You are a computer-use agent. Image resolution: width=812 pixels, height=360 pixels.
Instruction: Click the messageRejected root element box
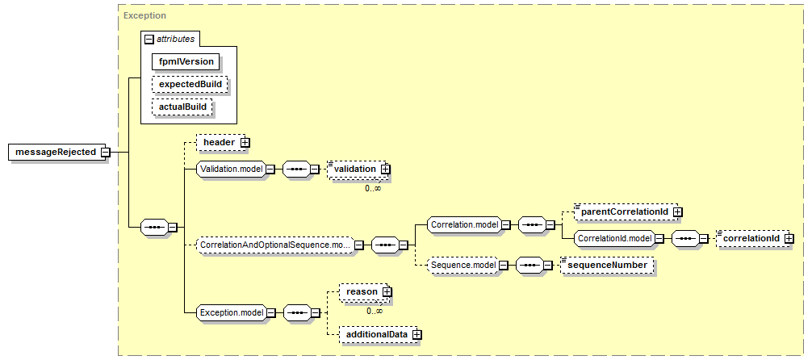pos(56,153)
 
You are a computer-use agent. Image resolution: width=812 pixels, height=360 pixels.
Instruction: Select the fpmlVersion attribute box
pos(186,61)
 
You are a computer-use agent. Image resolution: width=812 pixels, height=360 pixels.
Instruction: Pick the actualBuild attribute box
pos(182,107)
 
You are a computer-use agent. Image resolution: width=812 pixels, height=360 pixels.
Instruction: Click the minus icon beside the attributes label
pos(149,39)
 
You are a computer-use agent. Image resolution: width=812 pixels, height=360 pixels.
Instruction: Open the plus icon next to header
pos(245,142)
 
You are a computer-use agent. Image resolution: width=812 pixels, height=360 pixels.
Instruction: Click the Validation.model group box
pos(232,169)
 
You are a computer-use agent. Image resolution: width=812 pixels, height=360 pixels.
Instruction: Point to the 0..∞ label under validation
pos(373,189)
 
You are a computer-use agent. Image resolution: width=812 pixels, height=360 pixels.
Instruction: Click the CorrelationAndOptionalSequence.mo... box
pos(276,244)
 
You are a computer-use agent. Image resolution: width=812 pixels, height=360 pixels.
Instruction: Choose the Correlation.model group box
pos(463,225)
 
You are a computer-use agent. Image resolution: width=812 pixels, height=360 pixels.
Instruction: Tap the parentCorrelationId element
pos(626,211)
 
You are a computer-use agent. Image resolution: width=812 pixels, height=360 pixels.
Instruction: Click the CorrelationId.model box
pos(613,238)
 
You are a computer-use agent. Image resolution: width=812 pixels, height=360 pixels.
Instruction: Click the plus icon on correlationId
pos(789,238)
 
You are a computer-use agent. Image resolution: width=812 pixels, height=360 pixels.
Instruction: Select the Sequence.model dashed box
pos(462,266)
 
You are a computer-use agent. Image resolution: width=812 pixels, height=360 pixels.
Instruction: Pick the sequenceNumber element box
pos(607,266)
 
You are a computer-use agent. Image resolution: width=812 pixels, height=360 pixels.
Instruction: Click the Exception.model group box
pos(232,312)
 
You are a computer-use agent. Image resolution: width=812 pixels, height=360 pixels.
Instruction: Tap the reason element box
pos(362,292)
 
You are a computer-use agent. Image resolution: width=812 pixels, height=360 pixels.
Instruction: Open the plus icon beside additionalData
pos(416,335)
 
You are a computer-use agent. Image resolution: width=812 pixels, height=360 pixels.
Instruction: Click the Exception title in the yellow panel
pos(145,15)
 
